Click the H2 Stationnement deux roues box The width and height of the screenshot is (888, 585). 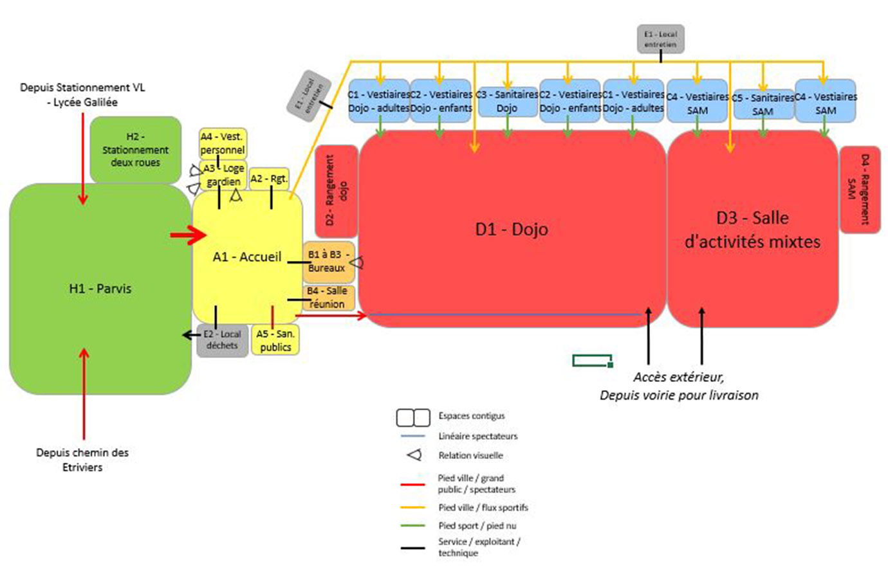135,149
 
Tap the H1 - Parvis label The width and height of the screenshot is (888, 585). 100,289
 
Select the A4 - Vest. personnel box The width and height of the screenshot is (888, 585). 223,143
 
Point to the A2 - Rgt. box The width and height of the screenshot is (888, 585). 269,178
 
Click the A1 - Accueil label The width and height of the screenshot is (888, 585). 247,257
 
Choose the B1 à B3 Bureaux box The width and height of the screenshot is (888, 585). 328,261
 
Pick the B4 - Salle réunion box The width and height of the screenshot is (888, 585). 328,298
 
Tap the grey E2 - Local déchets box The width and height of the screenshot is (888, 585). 222,340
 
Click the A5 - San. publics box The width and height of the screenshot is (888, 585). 275,340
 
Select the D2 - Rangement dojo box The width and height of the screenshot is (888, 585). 336,190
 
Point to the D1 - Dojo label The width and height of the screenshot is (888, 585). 512,229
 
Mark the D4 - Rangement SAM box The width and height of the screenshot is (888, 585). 859,189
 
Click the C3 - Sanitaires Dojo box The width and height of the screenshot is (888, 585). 507,102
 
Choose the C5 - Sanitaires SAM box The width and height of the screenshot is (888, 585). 763,104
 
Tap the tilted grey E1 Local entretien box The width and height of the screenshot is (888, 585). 309,95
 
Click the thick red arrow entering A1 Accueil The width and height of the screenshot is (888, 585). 188,235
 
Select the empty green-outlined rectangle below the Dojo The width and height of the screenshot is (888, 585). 592,360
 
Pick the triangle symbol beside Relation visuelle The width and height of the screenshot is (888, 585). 414,455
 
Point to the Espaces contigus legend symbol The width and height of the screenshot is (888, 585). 413,418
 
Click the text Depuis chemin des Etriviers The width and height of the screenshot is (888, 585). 82,460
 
